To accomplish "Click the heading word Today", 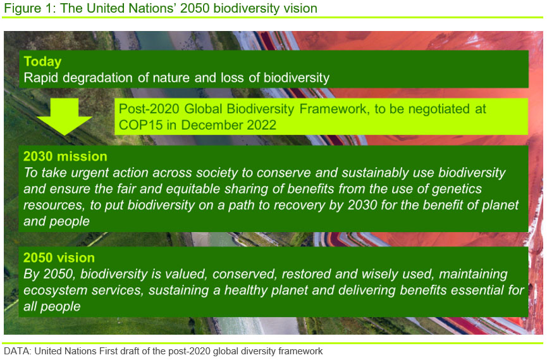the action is click(42, 62).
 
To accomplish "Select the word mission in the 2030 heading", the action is click(82, 156).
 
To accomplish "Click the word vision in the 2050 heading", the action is click(77, 258).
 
